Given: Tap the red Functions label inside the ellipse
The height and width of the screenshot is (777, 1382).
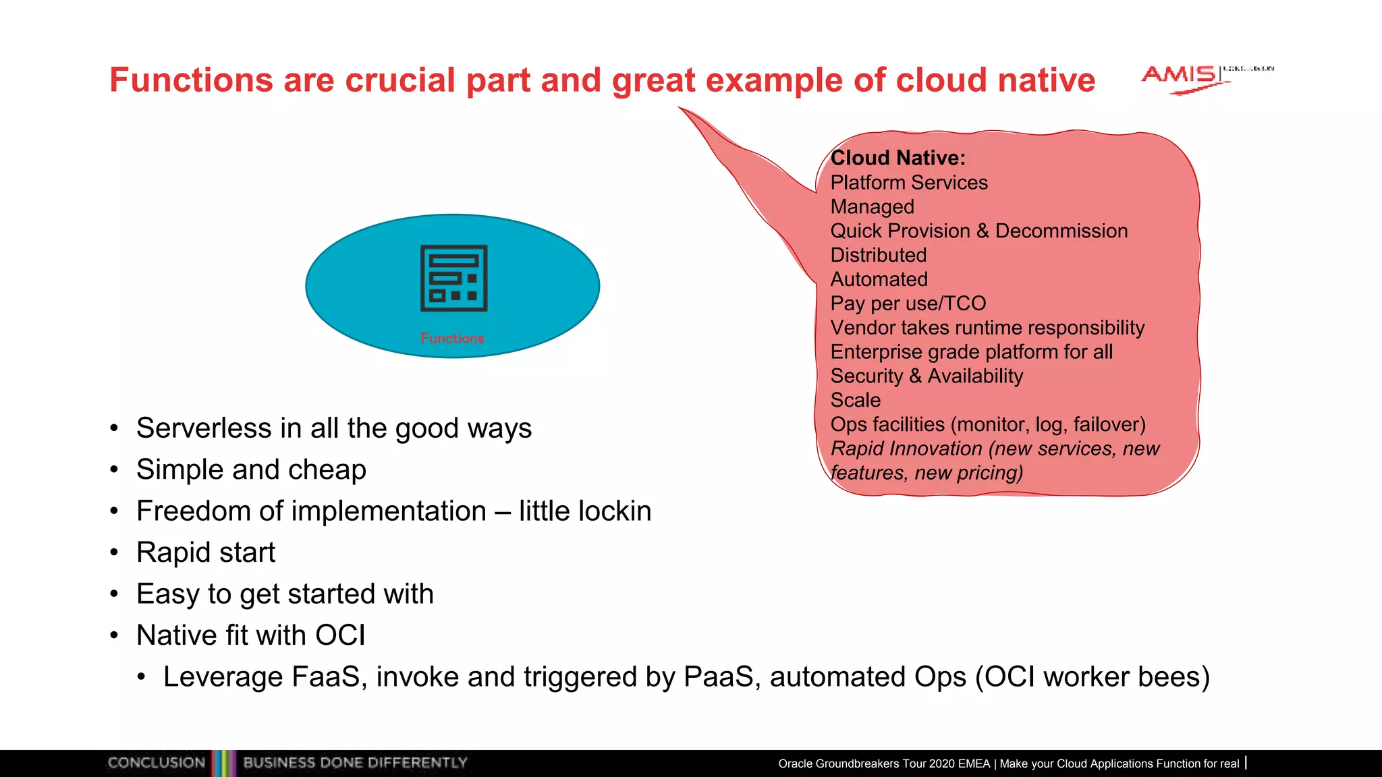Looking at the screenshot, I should [452, 338].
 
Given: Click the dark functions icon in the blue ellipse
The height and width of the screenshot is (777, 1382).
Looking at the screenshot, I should [453, 278].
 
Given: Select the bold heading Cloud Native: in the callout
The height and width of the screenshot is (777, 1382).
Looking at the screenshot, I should [897, 158].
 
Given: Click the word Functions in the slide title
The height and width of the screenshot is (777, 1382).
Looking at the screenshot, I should [191, 80].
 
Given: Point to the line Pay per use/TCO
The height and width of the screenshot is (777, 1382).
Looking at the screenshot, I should [908, 304].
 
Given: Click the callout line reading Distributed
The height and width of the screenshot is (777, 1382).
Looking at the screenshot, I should [878, 255].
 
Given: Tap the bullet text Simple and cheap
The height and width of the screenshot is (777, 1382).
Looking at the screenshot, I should [251, 469].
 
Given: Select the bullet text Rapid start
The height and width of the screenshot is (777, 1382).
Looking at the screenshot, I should [206, 552].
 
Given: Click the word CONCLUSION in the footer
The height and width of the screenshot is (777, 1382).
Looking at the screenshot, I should [157, 763].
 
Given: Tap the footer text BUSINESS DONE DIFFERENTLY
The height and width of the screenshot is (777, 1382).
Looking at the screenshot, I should [355, 763].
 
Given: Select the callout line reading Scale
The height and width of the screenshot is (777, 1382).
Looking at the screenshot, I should [855, 400].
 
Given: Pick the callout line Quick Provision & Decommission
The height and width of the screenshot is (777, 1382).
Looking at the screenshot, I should [978, 231].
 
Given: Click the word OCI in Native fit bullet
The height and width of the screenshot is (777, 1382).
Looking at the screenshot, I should [340, 635].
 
